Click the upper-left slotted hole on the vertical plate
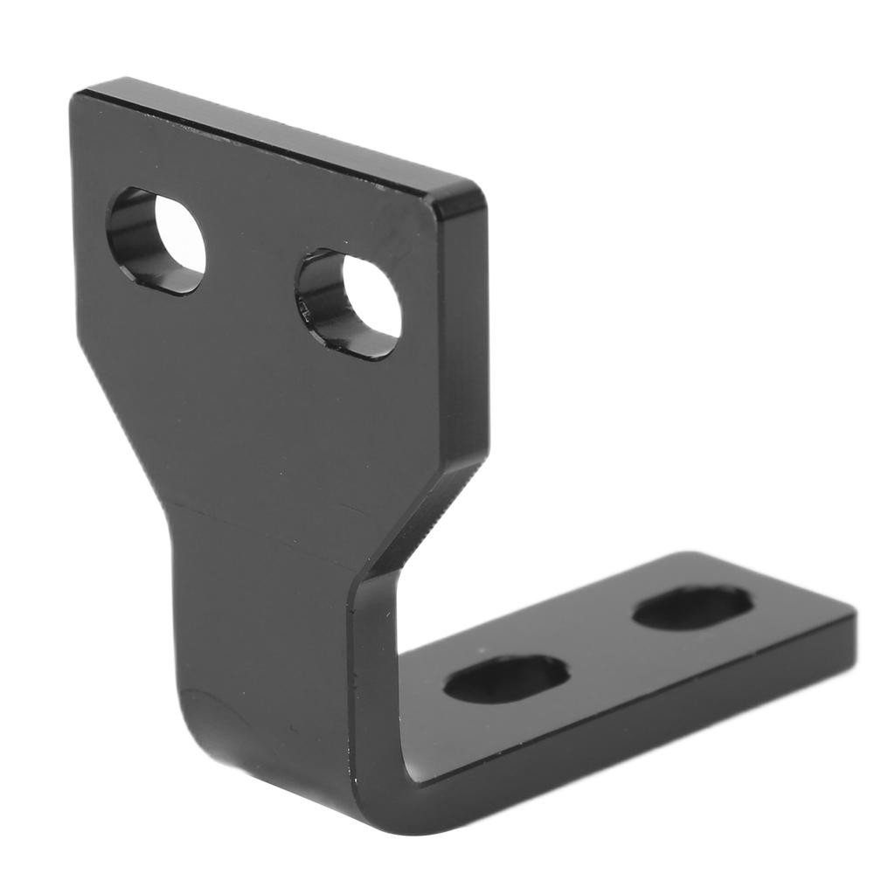156,240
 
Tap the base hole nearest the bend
506,678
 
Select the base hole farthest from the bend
692,607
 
